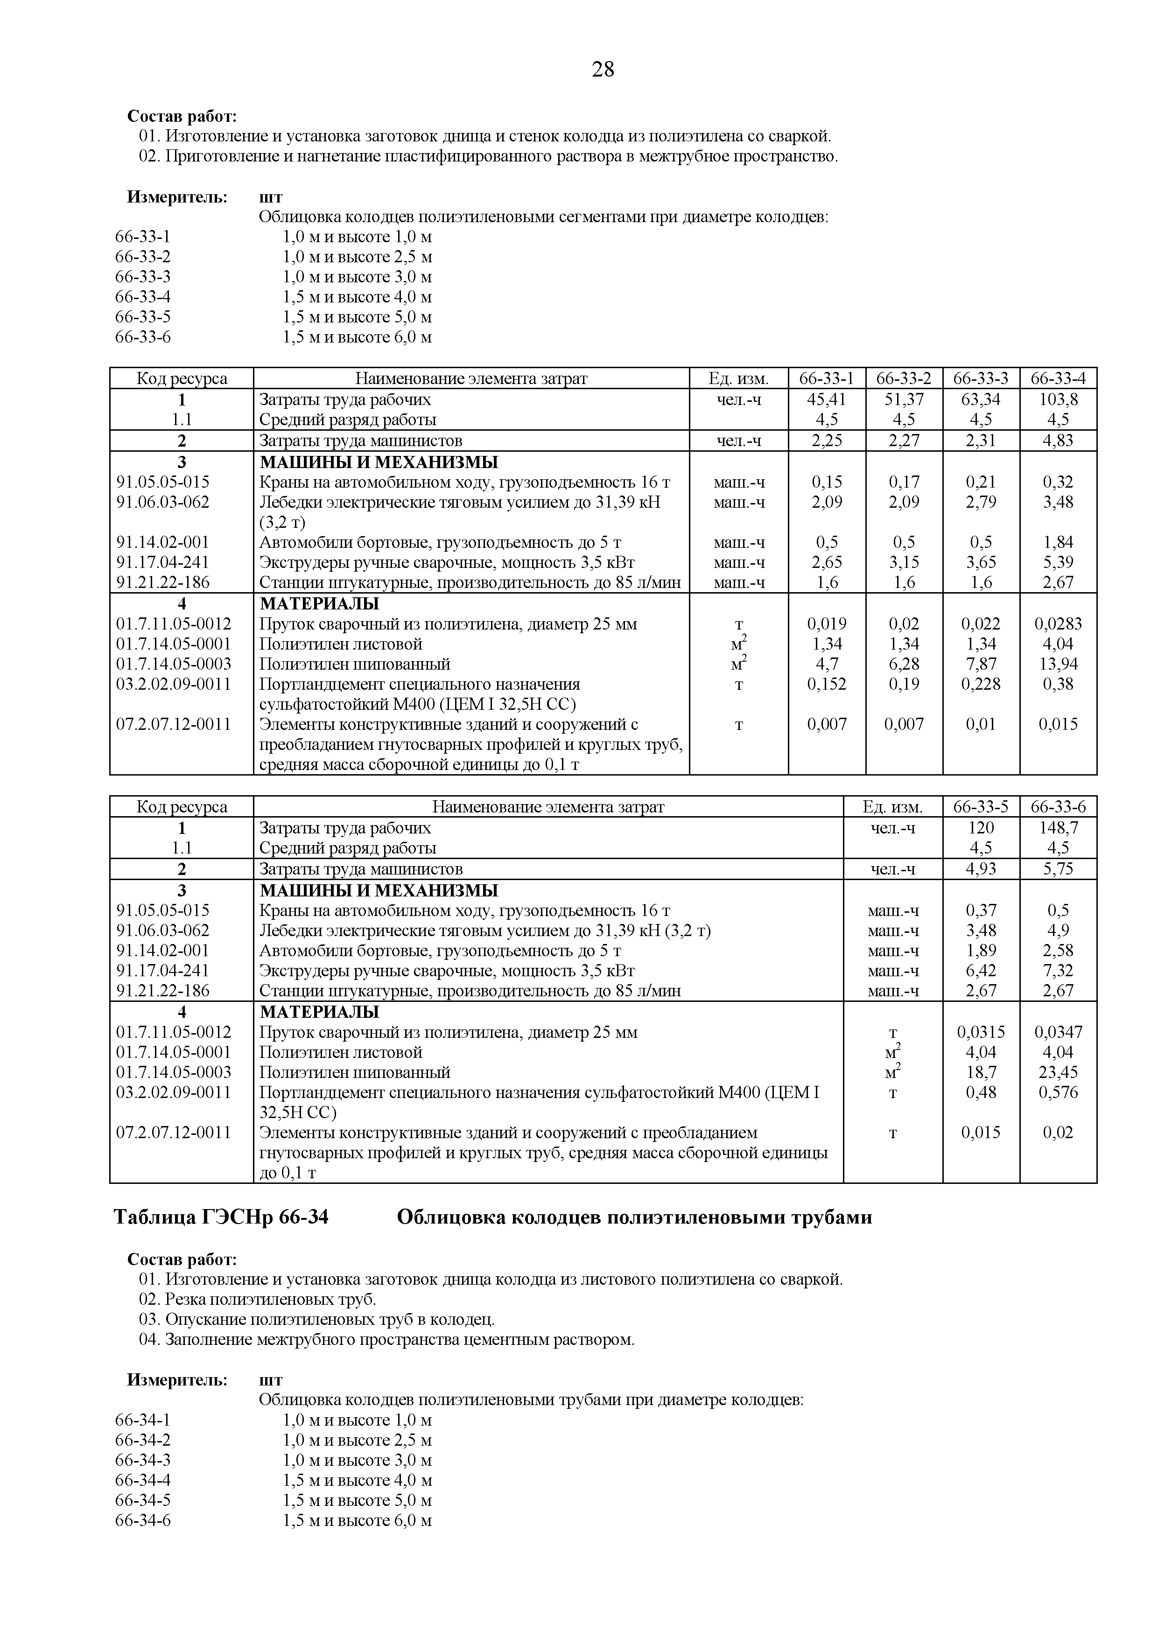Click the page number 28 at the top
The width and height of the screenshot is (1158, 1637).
pos(603,70)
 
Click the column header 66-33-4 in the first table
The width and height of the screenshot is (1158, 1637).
pos(1058,378)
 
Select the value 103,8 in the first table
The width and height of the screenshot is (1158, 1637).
pos(1058,399)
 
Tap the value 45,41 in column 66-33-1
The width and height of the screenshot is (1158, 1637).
pos(827,399)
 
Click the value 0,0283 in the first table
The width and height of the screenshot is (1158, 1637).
pos(1058,624)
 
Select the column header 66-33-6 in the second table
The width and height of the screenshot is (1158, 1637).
pos(1058,807)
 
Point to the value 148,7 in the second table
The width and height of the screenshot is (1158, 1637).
pos(1058,828)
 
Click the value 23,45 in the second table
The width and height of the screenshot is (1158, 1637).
pos(1058,1073)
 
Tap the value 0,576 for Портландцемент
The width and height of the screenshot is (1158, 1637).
pos(1058,1093)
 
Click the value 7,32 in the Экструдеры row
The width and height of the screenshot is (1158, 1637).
pos(1058,970)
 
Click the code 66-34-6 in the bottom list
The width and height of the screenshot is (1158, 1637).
pos(143,1521)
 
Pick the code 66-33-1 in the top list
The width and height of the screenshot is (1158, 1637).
pos(143,237)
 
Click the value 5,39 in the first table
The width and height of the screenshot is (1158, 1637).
pos(1058,562)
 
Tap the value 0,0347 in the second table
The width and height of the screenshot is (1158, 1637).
pos(1058,1032)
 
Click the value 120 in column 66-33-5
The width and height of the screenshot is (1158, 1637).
pos(981,828)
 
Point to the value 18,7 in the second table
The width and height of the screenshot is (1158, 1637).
pos(981,1073)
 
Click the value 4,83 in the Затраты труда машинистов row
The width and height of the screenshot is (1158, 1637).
pos(1058,441)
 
